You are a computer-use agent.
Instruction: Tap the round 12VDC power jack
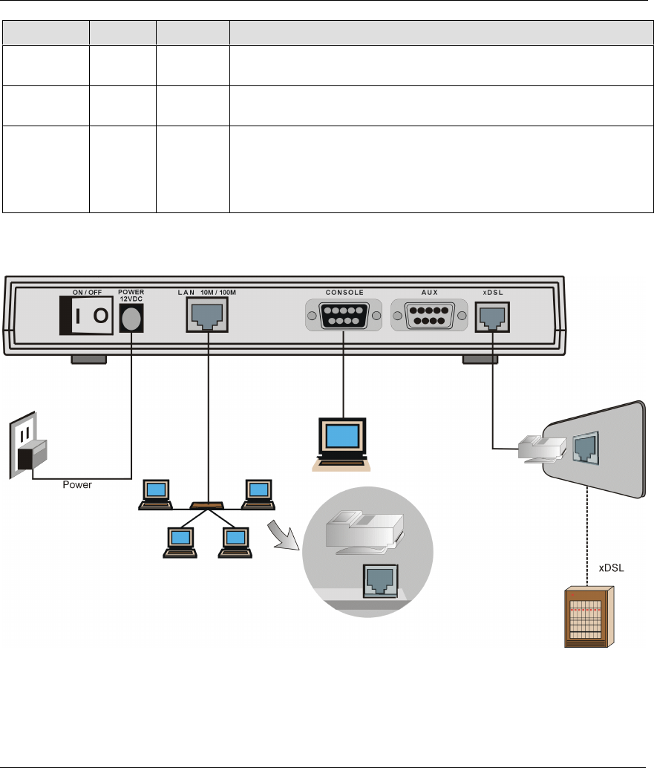click(131, 319)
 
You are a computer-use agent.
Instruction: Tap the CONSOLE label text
click(344, 292)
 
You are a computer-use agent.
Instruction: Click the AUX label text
click(429, 292)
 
